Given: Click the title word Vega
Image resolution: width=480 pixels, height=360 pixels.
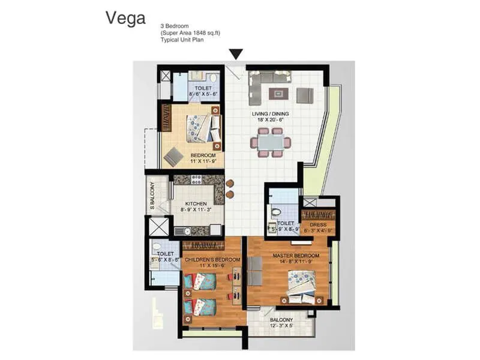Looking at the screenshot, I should tap(125, 18).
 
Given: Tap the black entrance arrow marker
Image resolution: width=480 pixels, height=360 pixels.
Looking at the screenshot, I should tap(236, 54).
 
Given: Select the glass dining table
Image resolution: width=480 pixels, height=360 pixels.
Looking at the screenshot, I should tap(271, 143).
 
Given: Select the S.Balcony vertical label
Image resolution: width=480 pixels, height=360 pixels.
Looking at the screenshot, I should tap(152, 196).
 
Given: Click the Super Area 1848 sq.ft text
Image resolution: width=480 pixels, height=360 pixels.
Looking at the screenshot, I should tap(190, 33).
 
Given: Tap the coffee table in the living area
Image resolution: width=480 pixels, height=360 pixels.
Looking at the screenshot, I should tap(278, 93).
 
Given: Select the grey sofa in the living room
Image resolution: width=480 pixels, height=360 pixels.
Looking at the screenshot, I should tap(270, 77).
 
